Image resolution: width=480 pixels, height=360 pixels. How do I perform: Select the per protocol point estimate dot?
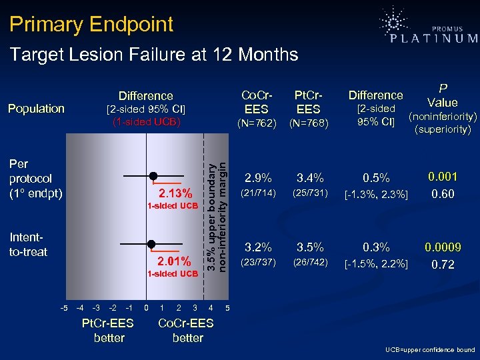click(153, 175)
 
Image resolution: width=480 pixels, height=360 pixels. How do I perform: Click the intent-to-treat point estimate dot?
click(151, 244)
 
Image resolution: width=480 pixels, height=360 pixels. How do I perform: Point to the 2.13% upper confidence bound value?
click(175, 194)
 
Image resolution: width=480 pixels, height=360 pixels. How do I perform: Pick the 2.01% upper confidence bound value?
click(174, 261)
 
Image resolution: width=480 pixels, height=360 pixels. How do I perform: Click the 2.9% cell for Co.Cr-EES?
click(258, 179)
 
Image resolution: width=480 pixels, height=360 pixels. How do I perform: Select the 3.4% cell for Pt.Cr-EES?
click(310, 179)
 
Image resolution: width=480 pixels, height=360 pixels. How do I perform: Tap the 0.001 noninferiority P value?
click(443, 177)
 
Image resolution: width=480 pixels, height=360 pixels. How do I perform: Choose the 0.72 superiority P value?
click(443, 265)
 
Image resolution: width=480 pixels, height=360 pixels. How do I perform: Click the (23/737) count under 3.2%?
click(258, 262)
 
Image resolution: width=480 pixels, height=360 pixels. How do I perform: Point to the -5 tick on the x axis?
click(63, 307)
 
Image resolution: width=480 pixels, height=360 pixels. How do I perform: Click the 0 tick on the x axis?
click(147, 307)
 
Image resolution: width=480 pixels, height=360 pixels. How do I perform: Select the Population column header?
click(37, 109)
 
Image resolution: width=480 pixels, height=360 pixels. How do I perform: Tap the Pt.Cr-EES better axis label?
click(109, 331)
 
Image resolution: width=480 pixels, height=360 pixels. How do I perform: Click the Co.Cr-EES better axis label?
click(187, 331)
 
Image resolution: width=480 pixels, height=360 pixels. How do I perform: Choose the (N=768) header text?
click(308, 122)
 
